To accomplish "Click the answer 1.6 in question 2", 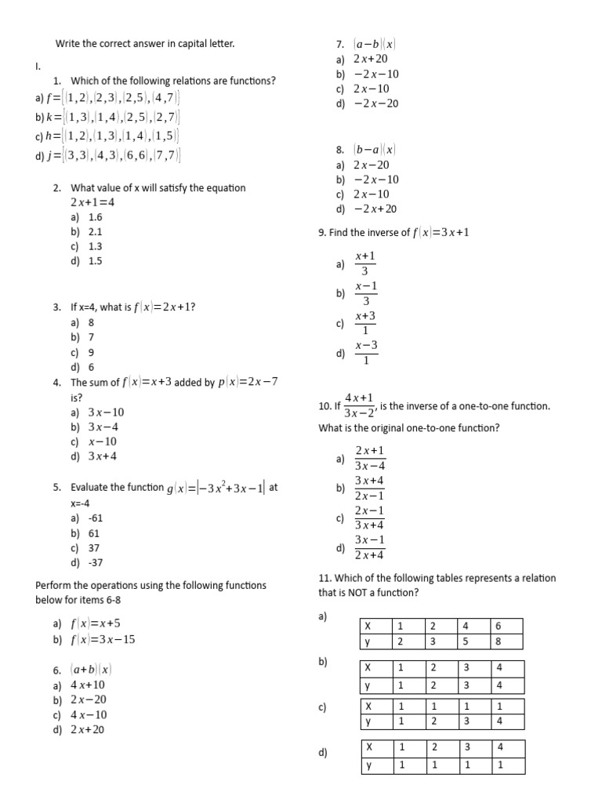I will (x=96, y=217).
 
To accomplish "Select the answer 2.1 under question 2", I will (x=96, y=232).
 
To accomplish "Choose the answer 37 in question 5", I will (x=94, y=548).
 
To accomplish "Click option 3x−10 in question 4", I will (x=106, y=412).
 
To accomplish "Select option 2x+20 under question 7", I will (x=370, y=59).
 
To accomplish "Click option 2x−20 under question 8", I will (x=371, y=165).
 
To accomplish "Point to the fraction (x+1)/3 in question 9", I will (x=365, y=263).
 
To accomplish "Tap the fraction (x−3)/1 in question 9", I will (x=366, y=352).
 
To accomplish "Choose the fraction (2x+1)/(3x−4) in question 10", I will (x=370, y=458).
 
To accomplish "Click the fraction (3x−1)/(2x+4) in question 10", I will (x=370, y=547).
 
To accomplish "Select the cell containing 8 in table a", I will (x=506, y=641).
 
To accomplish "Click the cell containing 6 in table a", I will (x=506, y=626).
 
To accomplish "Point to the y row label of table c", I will (x=375, y=721).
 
